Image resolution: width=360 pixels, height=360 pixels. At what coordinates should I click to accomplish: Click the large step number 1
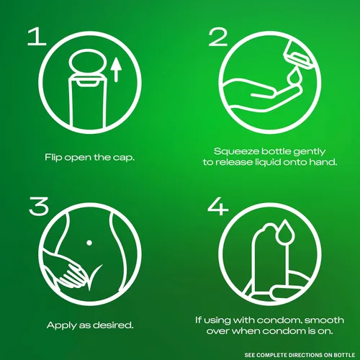(37, 37)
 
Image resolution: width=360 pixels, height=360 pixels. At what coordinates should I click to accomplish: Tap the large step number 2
(218, 37)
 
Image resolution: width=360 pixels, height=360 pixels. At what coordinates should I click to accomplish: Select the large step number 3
(39, 206)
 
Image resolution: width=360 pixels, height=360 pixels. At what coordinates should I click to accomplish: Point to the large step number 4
(218, 206)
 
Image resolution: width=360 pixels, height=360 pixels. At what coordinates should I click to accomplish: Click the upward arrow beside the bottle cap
(117, 70)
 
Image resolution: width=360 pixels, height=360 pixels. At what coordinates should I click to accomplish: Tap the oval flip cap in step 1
(87, 62)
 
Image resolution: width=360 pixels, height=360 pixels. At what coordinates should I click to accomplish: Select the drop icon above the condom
(284, 231)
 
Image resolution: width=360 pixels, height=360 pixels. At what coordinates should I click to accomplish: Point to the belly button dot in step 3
(89, 243)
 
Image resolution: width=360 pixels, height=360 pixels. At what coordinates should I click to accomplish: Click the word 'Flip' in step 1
(53, 158)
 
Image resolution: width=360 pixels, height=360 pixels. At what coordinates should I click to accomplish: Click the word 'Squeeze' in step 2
(237, 152)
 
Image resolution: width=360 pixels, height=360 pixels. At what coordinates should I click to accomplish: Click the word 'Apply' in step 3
(61, 325)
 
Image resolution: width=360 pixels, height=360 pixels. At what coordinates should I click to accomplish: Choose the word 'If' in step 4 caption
(198, 320)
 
